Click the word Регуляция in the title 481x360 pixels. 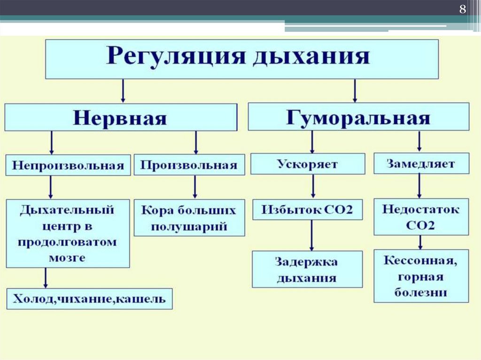(x=176, y=57)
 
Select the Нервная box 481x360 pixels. (x=121, y=117)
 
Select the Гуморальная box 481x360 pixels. (x=358, y=116)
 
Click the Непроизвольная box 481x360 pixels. (x=68, y=165)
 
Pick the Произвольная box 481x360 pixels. (x=189, y=165)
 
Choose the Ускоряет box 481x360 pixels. (x=307, y=164)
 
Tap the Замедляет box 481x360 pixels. (x=420, y=164)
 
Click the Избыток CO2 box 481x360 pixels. (x=307, y=209)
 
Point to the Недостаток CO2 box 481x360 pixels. (x=420, y=216)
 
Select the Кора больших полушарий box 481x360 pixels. (x=189, y=218)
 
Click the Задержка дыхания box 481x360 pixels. (x=307, y=269)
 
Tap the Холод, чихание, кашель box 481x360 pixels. (x=89, y=299)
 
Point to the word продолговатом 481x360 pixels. (x=68, y=242)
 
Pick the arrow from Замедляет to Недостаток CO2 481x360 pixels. (x=419, y=186)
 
